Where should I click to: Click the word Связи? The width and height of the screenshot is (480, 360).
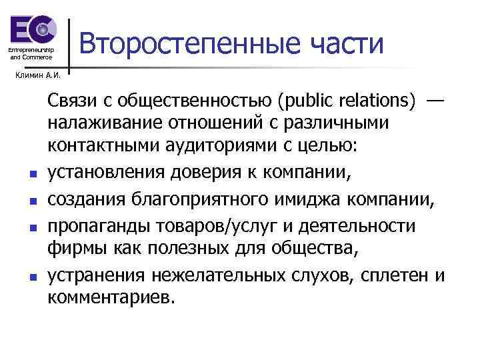[72, 101]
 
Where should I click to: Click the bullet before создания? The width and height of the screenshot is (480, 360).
[31, 198]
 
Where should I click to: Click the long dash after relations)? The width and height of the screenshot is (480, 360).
[434, 101]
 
